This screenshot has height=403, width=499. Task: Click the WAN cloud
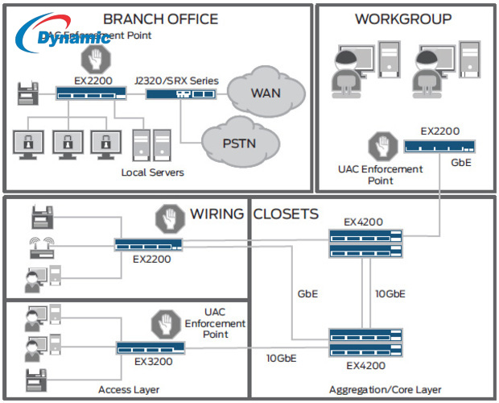click(266, 92)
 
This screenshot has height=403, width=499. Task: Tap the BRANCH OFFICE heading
click(160, 19)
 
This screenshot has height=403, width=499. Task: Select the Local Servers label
click(152, 172)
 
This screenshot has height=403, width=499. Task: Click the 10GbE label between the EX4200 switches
click(390, 293)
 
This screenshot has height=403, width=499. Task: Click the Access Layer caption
click(129, 390)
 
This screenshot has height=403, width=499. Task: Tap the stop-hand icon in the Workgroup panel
click(380, 146)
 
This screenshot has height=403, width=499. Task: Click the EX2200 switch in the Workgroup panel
click(438, 146)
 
